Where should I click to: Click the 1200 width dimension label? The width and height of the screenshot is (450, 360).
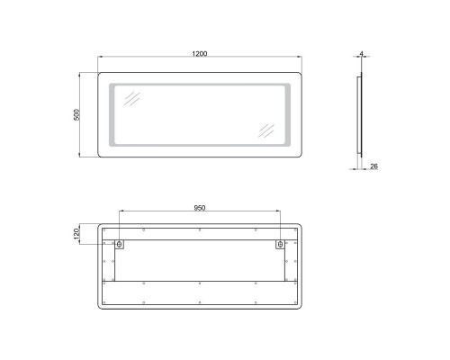point(200,55)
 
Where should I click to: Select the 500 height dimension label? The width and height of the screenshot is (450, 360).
point(78,116)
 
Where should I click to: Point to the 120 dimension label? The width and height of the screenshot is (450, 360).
point(78,233)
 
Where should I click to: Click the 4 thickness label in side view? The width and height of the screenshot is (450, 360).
point(360,55)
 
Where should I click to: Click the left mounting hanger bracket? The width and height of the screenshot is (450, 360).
point(120,244)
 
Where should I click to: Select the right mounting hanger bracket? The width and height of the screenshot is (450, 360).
point(280,244)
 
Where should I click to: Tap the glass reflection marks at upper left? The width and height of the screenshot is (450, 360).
point(131,98)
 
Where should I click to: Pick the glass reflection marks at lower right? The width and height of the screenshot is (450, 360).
point(265,129)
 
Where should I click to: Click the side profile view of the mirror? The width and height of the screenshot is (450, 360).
point(360,115)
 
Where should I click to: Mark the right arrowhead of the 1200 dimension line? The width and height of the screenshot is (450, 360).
point(301,60)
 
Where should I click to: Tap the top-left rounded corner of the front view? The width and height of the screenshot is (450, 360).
point(102,76)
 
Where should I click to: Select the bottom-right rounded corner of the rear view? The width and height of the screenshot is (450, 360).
point(298,305)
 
